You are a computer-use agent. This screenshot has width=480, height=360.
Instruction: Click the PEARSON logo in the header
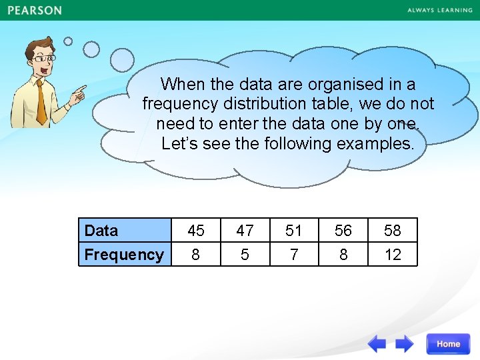pos(35,11)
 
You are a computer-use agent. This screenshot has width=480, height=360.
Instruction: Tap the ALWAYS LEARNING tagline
pos(439,11)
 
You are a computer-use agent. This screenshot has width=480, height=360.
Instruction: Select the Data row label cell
pos(125,231)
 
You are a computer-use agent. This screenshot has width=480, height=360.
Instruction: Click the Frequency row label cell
pos(125,255)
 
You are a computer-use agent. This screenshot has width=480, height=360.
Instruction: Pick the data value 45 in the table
pos(196,231)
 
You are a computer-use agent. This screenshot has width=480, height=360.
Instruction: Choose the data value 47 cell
pos(245,231)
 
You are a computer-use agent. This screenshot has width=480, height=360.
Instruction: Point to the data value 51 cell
pos(294,231)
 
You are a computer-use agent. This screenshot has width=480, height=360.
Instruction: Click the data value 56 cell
pos(343,231)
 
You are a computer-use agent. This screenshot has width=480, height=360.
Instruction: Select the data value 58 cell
pos(393,231)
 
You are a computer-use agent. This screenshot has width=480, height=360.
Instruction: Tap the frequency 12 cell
pos(393,255)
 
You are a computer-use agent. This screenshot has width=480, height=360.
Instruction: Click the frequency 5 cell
pos(245,255)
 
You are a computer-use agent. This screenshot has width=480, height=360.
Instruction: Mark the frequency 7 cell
pos(294,255)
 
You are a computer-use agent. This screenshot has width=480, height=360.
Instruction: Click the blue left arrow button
pos(377,344)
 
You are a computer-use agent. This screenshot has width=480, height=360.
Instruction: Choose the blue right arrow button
pos(404,344)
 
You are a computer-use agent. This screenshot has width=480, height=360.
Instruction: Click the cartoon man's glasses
pos(43,59)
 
